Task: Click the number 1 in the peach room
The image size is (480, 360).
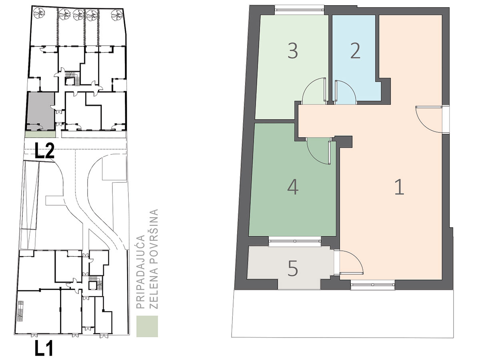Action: pyautogui.click(x=400, y=187)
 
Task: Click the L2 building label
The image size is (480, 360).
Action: pyautogui.click(x=45, y=151)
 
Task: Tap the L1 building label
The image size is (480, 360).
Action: pyautogui.click(x=44, y=349)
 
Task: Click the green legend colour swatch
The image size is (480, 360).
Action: pyautogui.click(x=147, y=326)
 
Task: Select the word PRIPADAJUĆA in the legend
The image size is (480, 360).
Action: pyautogui.click(x=140, y=272)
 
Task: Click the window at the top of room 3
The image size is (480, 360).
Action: pyautogui.click(x=299, y=10)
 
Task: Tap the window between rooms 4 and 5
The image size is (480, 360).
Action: pyautogui.click(x=295, y=241)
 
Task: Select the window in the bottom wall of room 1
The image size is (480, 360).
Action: pyautogui.click(x=373, y=285)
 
